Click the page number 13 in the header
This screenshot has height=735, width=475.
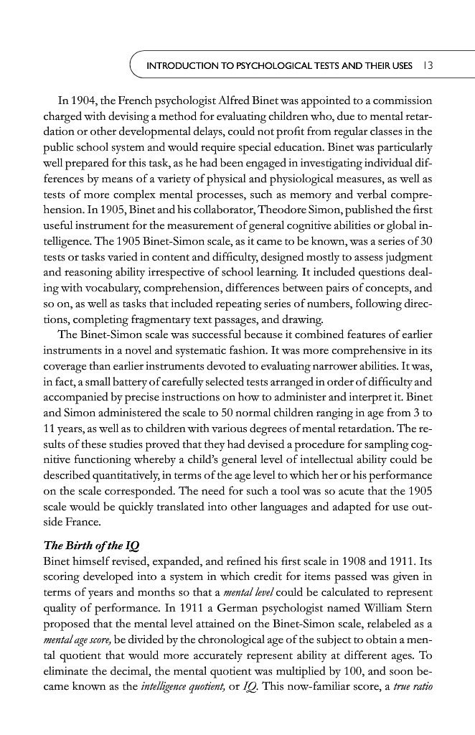[x=426, y=67]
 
